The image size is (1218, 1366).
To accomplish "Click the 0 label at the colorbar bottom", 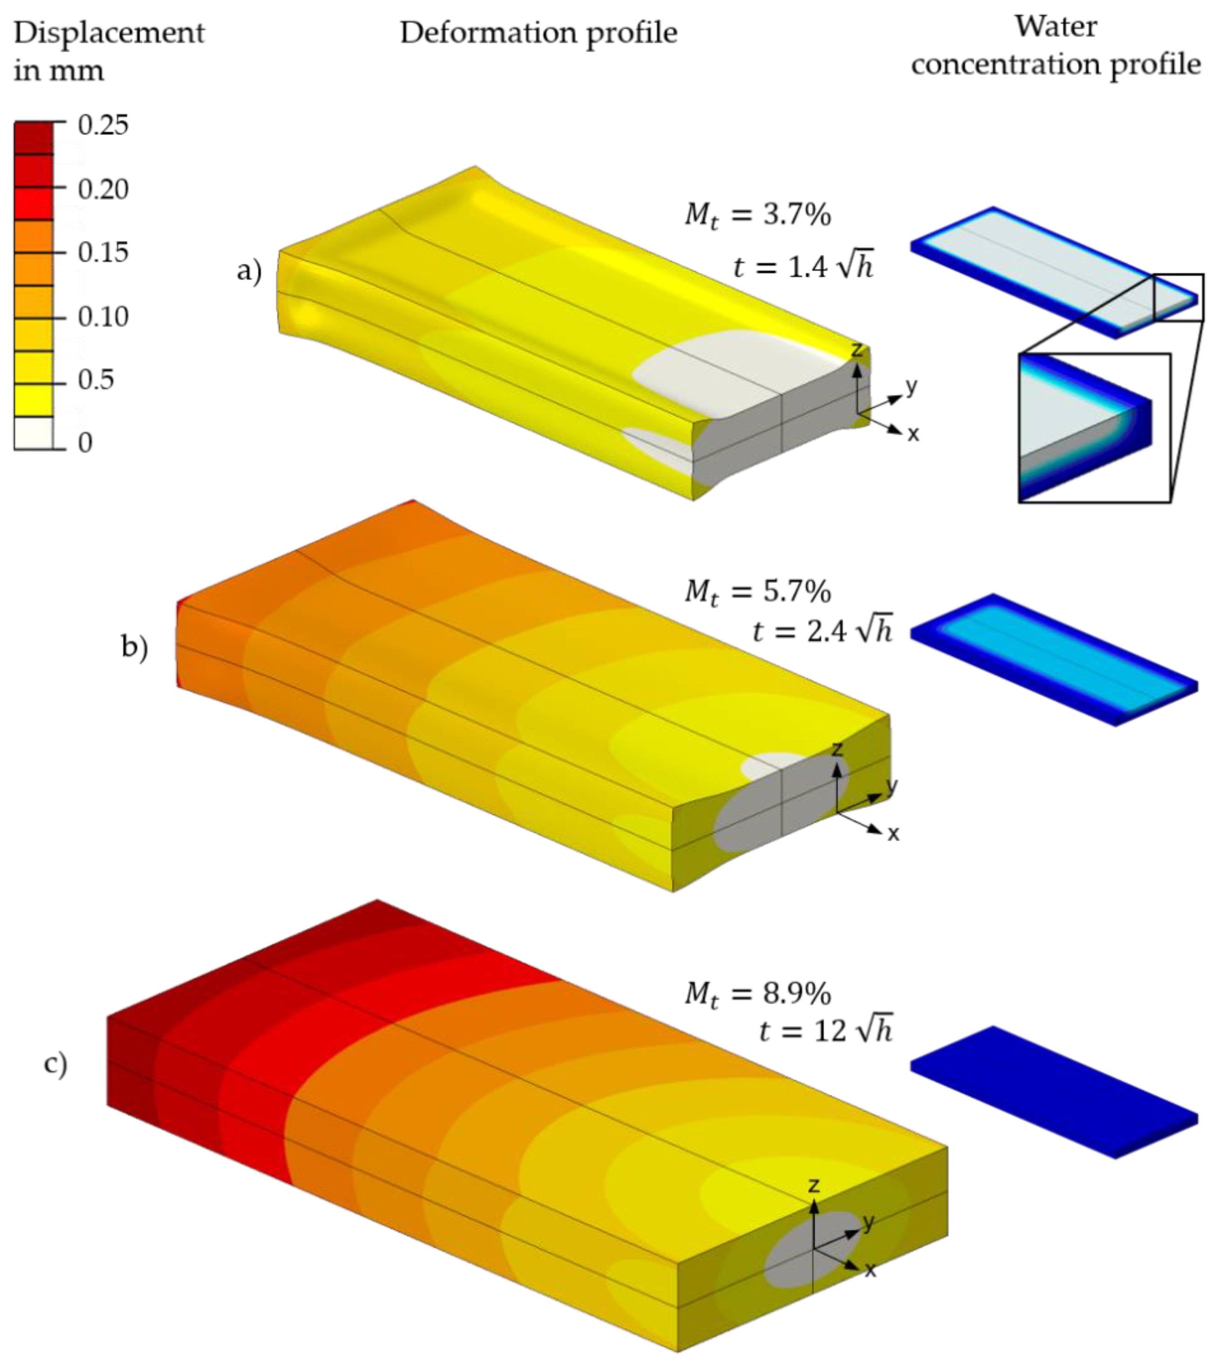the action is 85,442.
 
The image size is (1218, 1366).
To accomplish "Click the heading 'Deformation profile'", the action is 539,34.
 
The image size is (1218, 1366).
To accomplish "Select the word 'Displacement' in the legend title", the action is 109,34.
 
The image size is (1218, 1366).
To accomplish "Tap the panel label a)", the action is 249,272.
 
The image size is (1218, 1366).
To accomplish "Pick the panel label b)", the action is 134,648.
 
